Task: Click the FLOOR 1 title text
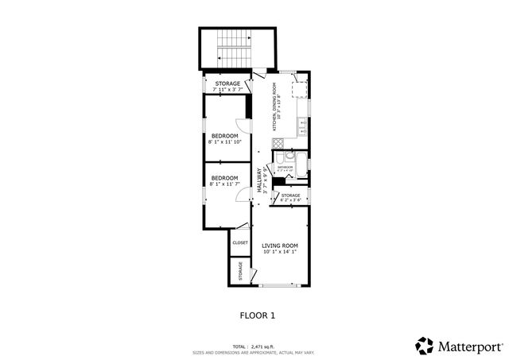(x=257, y=315)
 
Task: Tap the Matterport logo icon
(x=425, y=346)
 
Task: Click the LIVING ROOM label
(x=280, y=246)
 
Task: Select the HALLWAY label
(x=259, y=180)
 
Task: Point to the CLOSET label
(x=240, y=242)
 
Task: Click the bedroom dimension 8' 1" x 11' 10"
(x=224, y=142)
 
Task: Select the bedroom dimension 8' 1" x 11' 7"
(x=224, y=184)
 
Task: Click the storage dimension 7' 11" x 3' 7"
(x=226, y=89)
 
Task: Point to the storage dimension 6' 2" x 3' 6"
(x=290, y=200)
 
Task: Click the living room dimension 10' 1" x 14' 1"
(x=280, y=253)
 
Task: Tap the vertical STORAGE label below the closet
(x=241, y=271)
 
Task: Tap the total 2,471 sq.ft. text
(x=254, y=346)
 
